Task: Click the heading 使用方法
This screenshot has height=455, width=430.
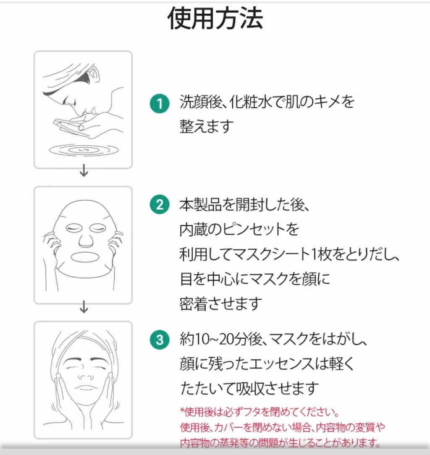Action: click(x=215, y=18)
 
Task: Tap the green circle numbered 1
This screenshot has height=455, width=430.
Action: click(x=160, y=104)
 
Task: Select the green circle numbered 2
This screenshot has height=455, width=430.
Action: click(x=160, y=204)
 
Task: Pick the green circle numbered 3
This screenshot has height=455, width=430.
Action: click(x=160, y=340)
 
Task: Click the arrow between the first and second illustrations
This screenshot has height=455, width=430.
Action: click(x=84, y=170)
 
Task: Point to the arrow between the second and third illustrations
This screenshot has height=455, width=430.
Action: click(x=84, y=307)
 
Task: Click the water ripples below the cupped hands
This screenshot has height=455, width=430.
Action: click(x=84, y=150)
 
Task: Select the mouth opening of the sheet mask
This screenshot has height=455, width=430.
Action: click(x=85, y=257)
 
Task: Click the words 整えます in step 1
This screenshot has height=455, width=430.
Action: click(x=207, y=126)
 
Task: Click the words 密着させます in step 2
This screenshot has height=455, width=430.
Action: click(x=220, y=304)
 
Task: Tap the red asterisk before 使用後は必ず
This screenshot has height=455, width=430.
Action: click(x=182, y=411)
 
